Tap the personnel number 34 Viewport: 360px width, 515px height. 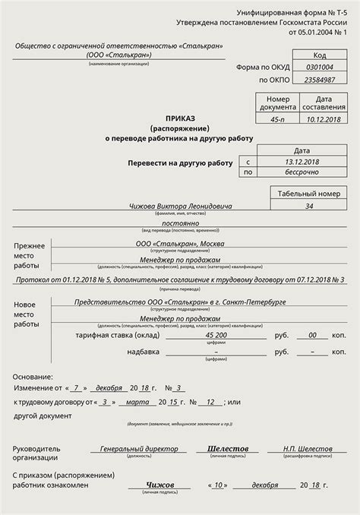[308, 206]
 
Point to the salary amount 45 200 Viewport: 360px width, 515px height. [218, 334]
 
